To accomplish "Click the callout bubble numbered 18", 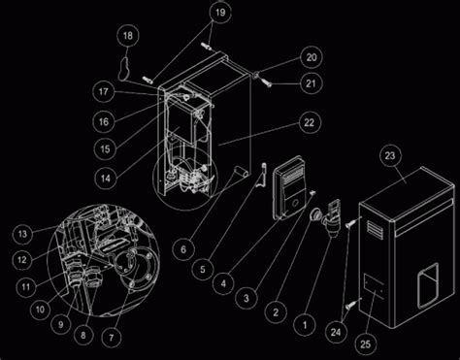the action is point(128,36).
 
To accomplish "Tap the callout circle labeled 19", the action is point(220,13).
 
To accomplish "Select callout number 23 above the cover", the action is point(390,156).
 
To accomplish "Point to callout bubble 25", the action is point(365,344).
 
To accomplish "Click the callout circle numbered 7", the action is point(112,338).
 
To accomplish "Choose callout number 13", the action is point(22,234).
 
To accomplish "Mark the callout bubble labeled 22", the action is point(310,122).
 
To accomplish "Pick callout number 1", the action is point(305,325).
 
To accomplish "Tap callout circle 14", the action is point(106,179).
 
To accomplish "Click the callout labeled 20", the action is point(312,57).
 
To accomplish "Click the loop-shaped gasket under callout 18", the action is point(124,69).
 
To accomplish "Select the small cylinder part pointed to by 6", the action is point(241,172).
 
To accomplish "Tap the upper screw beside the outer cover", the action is point(352,222).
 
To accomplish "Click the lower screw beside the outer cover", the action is point(352,304).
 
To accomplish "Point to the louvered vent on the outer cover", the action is point(375,229).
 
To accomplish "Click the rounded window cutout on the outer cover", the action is point(428,285).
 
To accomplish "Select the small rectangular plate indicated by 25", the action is point(375,284).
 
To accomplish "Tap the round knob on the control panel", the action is point(295,204).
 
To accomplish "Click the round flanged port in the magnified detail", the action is point(139,266).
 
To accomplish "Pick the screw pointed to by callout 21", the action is point(266,82).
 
